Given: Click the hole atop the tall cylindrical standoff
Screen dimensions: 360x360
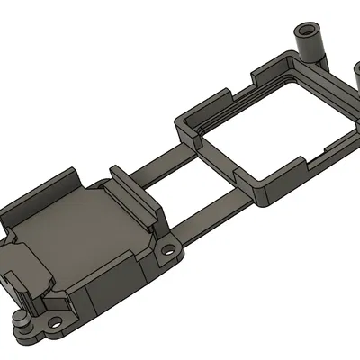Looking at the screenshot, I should (x=308, y=31).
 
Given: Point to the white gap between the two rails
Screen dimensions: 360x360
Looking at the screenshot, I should (x=180, y=189).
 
